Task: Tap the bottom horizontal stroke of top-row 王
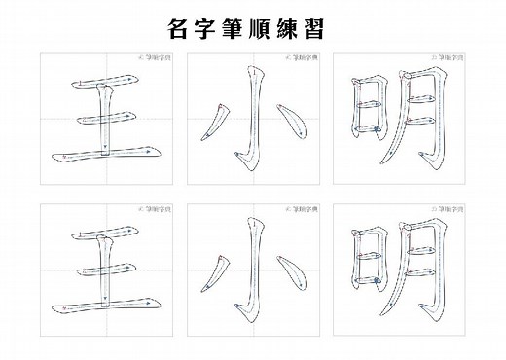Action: pyautogui.click(x=102, y=154)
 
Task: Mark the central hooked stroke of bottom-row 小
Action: pyautogui.click(x=255, y=272)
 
